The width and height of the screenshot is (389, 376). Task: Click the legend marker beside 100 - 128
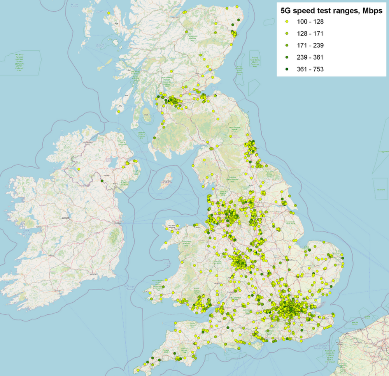pyautogui.click(x=287, y=22)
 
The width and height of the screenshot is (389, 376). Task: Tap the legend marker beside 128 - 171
pyautogui.click(x=287, y=34)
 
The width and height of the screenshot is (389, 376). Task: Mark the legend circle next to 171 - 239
pyautogui.click(x=287, y=46)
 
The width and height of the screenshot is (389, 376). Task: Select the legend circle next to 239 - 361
pyautogui.click(x=287, y=57)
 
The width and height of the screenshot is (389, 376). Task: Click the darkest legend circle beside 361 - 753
pyautogui.click(x=287, y=69)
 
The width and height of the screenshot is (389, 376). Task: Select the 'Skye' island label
pyautogui.click(x=117, y=23)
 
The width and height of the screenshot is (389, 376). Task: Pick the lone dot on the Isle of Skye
pyautogui.click(x=108, y=13)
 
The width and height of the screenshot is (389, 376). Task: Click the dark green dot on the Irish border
pyautogui.click(x=102, y=181)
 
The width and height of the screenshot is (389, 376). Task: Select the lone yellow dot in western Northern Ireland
pyautogui.click(x=79, y=169)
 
